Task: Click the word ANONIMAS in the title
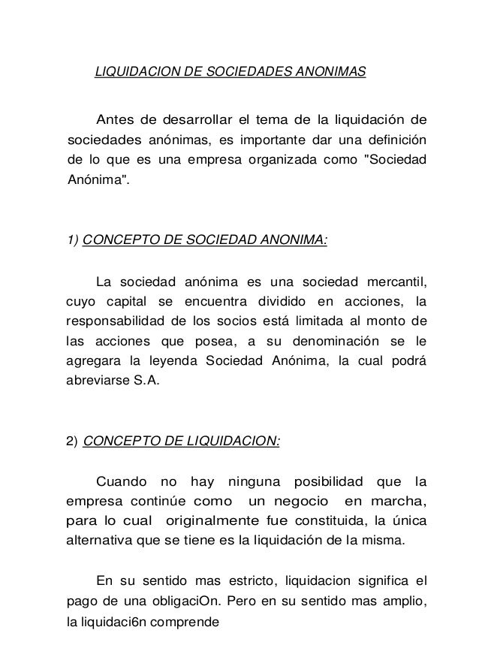click(x=331, y=72)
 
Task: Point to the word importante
click(x=294, y=140)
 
